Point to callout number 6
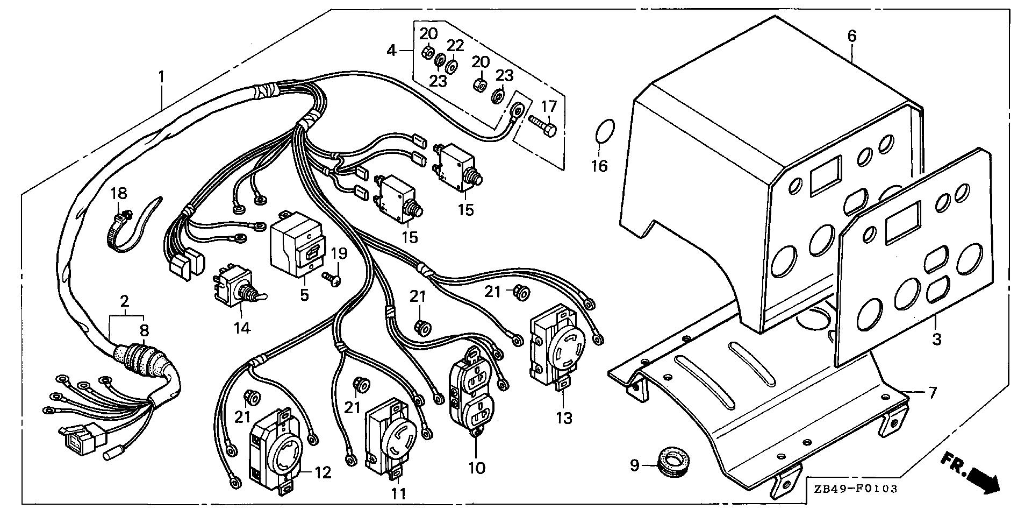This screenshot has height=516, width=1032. (x=851, y=37)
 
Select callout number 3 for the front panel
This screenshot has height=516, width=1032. (x=936, y=340)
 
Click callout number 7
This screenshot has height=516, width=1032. (x=932, y=392)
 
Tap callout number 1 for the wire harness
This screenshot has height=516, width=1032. (x=161, y=78)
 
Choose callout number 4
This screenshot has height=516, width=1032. (x=392, y=51)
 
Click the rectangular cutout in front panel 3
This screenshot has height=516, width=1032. (x=902, y=221)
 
